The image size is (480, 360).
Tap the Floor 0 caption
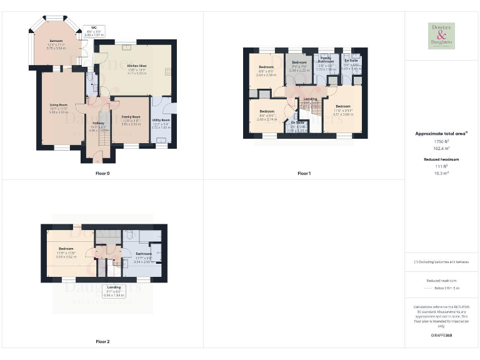point(102,172)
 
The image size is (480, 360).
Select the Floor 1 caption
point(304,173)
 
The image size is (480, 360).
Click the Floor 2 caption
point(102,342)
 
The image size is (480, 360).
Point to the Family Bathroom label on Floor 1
point(327,60)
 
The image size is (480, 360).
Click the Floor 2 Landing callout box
point(114,290)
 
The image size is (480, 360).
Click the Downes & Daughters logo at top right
point(441,36)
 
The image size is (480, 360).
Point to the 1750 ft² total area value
point(441,142)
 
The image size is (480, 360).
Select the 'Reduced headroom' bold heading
point(441,159)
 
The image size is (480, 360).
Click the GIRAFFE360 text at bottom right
point(441,336)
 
